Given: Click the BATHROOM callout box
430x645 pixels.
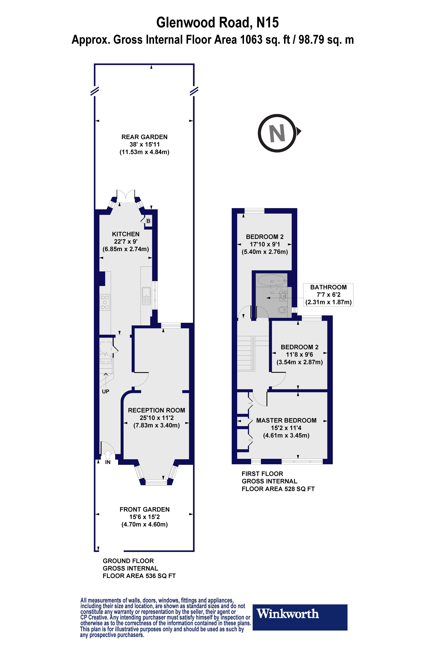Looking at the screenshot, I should pyautogui.click(x=328, y=295).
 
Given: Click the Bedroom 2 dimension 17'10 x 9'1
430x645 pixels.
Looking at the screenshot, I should pyautogui.click(x=265, y=244).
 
